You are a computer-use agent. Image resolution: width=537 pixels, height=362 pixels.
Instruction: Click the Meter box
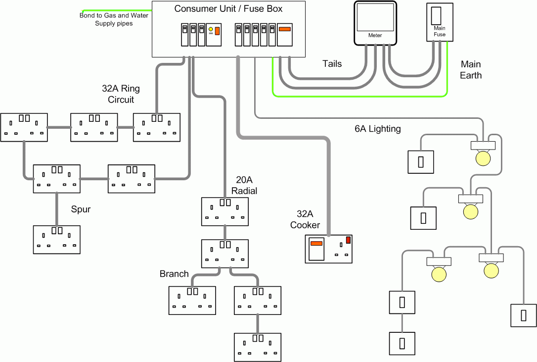click(x=375, y=22)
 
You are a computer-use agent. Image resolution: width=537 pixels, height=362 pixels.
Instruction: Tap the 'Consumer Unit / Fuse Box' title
click(x=228, y=9)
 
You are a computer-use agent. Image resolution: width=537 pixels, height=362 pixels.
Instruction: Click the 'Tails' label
click(x=332, y=63)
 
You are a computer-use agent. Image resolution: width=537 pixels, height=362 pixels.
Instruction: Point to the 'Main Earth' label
click(x=470, y=70)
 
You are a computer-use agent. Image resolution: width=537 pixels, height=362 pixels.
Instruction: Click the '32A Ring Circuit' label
click(x=121, y=94)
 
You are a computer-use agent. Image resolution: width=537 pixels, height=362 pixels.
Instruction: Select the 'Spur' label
click(x=81, y=209)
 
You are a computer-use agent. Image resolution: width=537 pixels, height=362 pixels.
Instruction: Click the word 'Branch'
click(x=174, y=274)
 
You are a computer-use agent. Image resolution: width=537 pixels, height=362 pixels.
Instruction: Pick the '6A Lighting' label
click(x=377, y=129)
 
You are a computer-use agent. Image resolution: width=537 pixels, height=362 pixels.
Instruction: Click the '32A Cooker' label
click(x=305, y=219)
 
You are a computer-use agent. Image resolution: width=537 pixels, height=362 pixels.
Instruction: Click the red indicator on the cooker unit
click(x=348, y=240)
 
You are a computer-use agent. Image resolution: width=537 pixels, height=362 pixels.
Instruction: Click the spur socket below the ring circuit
click(x=56, y=239)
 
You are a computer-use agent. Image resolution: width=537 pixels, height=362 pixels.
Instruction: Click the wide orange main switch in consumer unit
click(x=285, y=29)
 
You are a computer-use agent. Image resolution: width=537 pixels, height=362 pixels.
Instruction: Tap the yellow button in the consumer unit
click(x=211, y=30)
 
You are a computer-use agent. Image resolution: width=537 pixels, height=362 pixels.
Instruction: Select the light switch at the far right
click(x=523, y=314)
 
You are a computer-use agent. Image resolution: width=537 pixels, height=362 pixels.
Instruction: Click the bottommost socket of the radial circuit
click(x=257, y=347)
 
